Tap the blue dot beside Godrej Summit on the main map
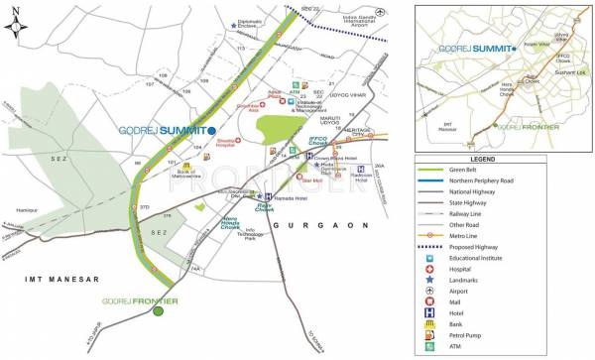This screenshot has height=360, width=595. (211, 130)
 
